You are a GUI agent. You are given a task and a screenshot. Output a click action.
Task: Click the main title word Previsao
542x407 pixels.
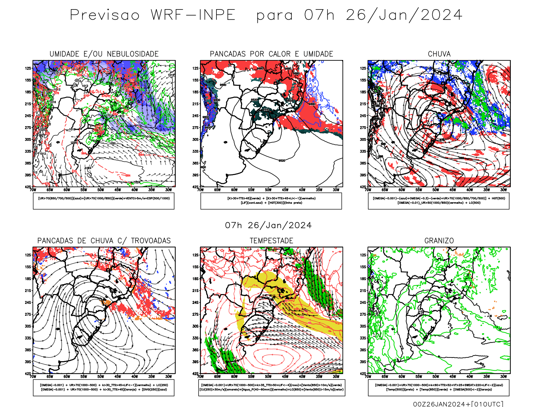(x=105, y=15)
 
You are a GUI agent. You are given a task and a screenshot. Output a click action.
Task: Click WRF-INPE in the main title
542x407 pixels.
(x=193, y=15)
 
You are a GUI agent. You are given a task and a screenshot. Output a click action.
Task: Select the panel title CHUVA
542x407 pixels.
(x=439, y=54)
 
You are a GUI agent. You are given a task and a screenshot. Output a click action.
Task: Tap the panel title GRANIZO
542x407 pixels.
(x=439, y=241)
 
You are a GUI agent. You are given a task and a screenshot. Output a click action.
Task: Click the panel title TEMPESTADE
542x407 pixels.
(x=271, y=241)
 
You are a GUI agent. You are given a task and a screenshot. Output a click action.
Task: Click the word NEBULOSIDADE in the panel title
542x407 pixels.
(x=132, y=54)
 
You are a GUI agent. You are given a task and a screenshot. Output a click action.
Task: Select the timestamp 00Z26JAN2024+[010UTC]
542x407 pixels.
(x=458, y=404)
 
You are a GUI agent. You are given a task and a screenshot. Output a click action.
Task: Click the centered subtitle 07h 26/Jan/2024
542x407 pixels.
(x=268, y=226)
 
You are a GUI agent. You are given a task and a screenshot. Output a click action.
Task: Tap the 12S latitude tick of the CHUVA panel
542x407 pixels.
(x=363, y=68)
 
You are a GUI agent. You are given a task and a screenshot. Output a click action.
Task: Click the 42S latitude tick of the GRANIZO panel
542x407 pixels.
(x=363, y=374)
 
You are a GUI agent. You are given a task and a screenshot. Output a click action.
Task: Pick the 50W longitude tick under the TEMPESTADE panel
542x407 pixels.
(x=268, y=376)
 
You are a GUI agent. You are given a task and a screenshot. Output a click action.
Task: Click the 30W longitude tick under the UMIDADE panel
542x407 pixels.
(x=168, y=190)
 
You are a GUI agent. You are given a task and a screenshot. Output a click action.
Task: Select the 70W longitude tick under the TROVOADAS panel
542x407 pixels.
(x=33, y=376)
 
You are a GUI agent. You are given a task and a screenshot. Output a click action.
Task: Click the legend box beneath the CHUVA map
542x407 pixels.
(x=439, y=201)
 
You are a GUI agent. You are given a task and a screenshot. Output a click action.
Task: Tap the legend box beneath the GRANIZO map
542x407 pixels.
(x=439, y=387)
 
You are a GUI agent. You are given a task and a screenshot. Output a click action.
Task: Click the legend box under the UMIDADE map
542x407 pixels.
(x=104, y=201)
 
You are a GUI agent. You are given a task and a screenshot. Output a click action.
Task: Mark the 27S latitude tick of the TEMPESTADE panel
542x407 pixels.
(x=195, y=314)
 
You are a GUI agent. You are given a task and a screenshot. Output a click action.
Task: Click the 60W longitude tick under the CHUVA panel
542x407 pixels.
(x=402, y=190)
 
